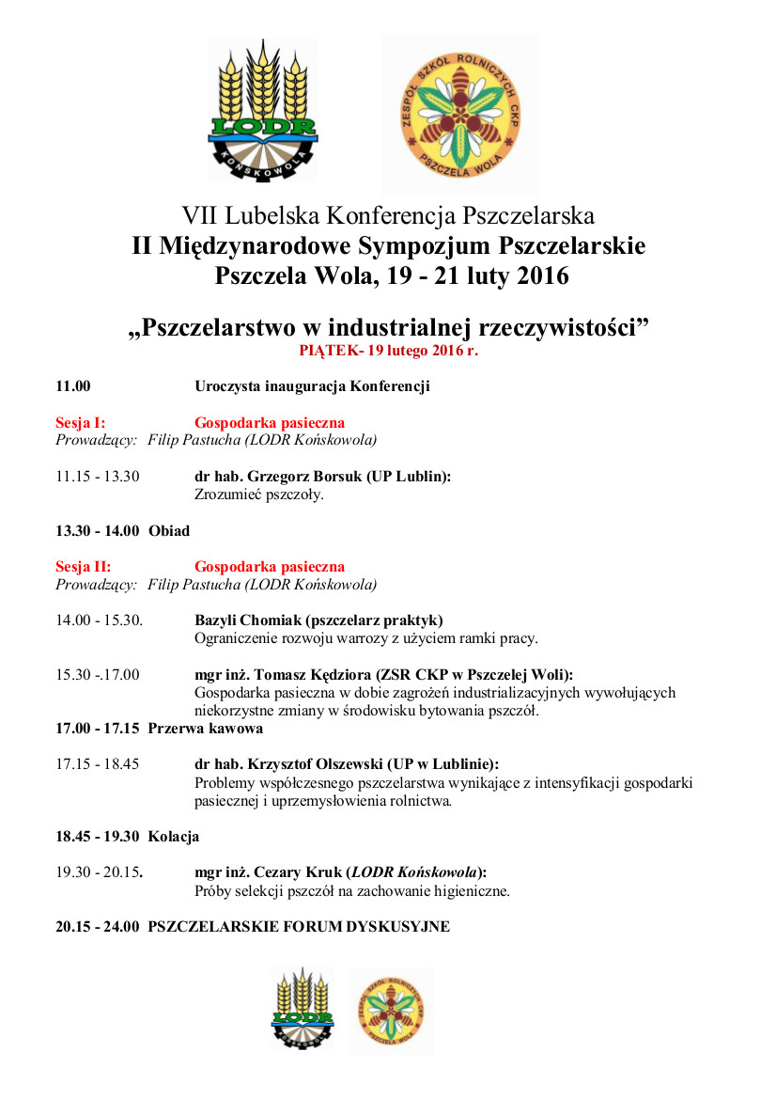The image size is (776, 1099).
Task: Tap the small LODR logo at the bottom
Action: coord(303,1008)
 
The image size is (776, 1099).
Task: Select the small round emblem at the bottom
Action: coord(390,1009)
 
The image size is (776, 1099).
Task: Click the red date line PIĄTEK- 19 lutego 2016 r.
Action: coord(388,350)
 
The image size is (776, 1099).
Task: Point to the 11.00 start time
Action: coord(73,386)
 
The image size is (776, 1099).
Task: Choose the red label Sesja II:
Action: coord(83,567)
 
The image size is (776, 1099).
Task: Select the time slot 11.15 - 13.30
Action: coord(97,477)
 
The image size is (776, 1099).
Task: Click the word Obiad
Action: coord(169,531)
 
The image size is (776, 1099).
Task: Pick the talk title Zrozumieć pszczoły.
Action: coord(258,495)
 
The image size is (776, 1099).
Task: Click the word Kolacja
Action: coord(174,837)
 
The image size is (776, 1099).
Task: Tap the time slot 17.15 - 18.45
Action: coord(97,764)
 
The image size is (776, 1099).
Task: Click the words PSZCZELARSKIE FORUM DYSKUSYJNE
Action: coord(299,927)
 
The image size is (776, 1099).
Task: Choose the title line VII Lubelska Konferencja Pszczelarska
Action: coord(388,215)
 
